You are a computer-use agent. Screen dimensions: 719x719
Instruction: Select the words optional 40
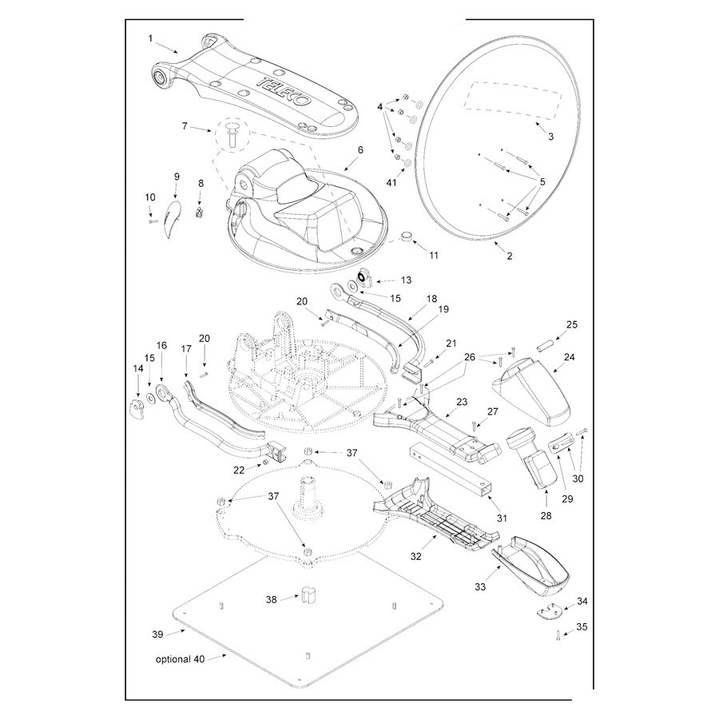click(181, 659)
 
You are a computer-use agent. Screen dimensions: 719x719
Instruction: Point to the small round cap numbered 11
click(407, 236)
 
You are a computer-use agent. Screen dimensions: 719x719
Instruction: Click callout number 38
click(271, 598)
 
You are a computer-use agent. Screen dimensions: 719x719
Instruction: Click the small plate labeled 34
click(548, 612)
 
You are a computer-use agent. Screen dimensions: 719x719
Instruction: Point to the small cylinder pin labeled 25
click(545, 347)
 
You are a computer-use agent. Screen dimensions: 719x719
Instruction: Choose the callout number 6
click(359, 149)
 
